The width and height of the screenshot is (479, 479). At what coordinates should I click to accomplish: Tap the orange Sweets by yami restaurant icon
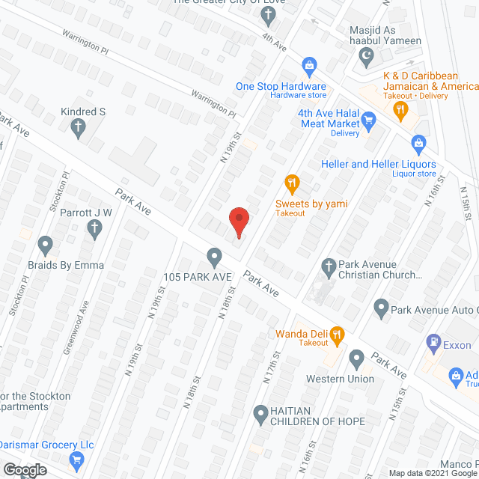click(x=292, y=182)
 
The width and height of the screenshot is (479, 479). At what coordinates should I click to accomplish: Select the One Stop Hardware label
click(x=281, y=86)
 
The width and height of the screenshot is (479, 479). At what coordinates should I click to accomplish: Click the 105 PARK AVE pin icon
click(x=215, y=257)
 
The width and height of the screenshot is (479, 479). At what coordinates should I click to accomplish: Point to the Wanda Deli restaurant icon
click(x=337, y=334)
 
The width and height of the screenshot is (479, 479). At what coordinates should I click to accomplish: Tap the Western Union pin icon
click(x=356, y=360)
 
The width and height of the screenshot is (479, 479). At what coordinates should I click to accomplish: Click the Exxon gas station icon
click(x=433, y=343)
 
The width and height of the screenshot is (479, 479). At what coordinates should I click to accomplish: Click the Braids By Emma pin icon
click(x=45, y=245)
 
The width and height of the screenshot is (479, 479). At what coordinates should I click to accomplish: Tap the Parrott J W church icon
click(x=94, y=229)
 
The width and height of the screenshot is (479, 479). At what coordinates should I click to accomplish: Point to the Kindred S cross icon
click(x=76, y=128)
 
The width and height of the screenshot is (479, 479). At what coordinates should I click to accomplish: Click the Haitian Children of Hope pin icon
click(x=260, y=412)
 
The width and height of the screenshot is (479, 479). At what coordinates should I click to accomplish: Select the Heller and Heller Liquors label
click(x=378, y=164)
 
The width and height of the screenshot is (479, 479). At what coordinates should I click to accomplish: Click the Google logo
click(x=23, y=470)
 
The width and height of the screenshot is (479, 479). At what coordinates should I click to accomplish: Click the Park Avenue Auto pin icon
click(x=381, y=306)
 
